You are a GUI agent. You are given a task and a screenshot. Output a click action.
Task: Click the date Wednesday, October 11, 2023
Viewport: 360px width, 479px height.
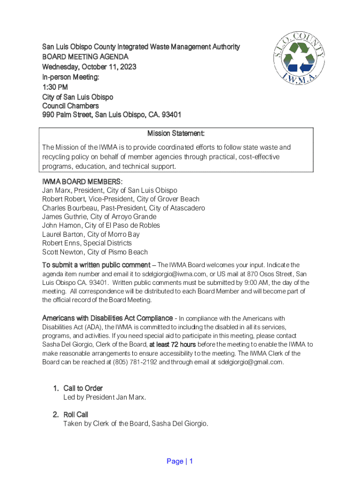(89, 66)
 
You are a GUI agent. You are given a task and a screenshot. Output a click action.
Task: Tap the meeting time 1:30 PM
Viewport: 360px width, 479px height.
(55, 87)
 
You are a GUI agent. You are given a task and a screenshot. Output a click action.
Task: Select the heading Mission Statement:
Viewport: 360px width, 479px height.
(176, 134)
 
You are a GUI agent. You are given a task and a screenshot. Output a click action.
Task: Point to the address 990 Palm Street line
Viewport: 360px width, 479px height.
(112, 115)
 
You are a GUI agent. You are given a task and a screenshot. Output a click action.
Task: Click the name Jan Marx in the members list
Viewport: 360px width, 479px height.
(55, 190)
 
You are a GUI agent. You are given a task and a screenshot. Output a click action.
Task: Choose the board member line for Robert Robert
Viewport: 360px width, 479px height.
(121, 199)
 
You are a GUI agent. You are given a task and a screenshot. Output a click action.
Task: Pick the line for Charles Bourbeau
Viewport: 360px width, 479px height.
(123, 208)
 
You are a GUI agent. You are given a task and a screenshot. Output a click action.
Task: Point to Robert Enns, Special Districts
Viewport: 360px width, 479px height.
(87, 243)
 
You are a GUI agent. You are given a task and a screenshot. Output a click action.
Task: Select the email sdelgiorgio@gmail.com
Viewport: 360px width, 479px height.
(251, 362)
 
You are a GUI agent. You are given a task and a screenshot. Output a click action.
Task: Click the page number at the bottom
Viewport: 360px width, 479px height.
(180, 461)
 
